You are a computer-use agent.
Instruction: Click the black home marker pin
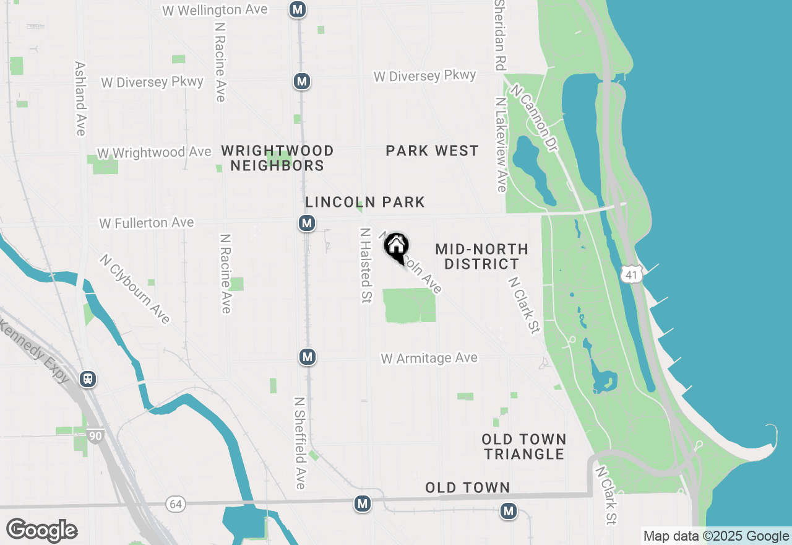(x=397, y=246)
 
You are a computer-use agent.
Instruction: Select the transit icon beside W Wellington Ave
(x=298, y=9)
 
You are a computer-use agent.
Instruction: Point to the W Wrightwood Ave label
(x=154, y=152)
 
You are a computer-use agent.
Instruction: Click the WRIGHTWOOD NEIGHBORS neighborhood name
(x=277, y=158)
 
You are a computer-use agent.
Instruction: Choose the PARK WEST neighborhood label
(x=432, y=150)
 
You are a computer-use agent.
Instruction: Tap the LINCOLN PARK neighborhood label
(x=365, y=202)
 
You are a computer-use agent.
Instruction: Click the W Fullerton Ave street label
(x=146, y=222)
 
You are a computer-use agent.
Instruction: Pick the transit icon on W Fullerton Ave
(x=307, y=223)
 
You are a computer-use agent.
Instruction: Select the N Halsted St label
(x=366, y=265)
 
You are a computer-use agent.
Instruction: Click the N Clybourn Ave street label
(x=135, y=289)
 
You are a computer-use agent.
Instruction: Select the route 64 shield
(x=176, y=504)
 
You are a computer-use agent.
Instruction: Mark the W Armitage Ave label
(x=429, y=358)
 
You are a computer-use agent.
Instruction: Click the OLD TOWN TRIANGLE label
(x=524, y=447)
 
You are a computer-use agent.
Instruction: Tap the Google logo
(x=41, y=530)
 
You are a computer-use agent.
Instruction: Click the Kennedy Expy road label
(x=34, y=351)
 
